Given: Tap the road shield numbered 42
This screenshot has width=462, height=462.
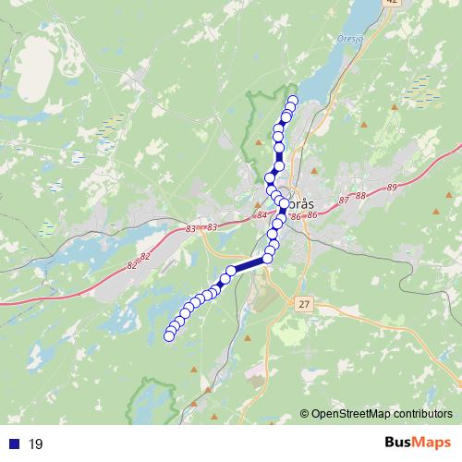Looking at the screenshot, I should coord(392,3).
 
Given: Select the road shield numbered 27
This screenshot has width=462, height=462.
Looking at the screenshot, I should coord(306,303).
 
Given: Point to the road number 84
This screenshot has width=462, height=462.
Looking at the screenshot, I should coord(262,215).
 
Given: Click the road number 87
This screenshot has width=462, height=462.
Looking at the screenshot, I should coord(344,200).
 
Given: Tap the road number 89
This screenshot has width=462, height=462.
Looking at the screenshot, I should coord(393,188).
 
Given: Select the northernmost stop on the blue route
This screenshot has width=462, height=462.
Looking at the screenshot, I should coord(294,101).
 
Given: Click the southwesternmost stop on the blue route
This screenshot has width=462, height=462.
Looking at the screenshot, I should coord(169,336).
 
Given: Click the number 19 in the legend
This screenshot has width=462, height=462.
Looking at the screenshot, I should coord(36,444).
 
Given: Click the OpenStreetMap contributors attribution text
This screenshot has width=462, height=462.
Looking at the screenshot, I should coord(382,414).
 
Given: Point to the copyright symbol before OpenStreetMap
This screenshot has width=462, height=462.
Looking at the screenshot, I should coord(304,414).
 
